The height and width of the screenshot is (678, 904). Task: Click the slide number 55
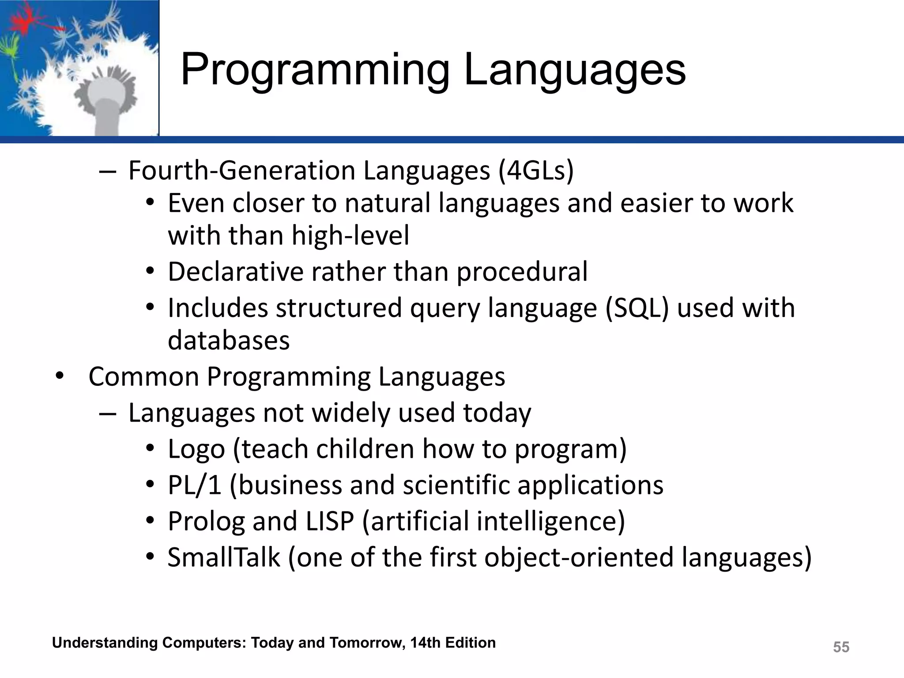coord(841,647)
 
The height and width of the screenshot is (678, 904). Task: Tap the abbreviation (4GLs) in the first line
coord(536,171)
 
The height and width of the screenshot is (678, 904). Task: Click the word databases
coord(229,340)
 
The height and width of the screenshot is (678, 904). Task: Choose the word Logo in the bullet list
coord(196,450)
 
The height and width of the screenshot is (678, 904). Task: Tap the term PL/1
coord(194,485)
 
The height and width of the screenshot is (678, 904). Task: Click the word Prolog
coord(206,522)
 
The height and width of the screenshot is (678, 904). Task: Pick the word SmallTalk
coord(224,557)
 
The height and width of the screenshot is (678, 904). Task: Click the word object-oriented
coord(579,557)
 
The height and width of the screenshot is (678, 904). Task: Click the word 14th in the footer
coord(426,643)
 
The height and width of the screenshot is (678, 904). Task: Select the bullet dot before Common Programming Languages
coord(60,377)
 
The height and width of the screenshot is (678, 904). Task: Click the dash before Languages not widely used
coord(108,414)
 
